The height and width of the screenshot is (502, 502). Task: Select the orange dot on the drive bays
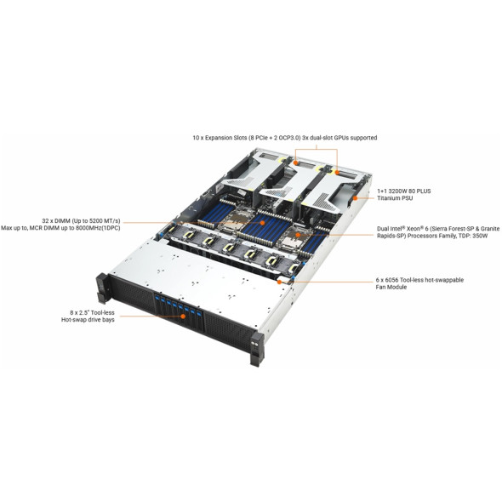coord(183,317)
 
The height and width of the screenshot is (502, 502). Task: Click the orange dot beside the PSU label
coord(355,198)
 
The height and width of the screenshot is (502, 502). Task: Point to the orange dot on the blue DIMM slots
coord(262,223)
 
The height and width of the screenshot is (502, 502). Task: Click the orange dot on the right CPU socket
coord(298,235)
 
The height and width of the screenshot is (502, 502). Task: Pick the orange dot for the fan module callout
coord(279,282)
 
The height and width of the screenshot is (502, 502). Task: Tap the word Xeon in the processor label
coord(414,229)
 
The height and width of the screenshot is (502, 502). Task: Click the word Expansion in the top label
coord(219,138)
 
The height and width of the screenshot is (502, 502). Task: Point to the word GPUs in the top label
coord(341,138)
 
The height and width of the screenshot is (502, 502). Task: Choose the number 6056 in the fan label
coord(392,280)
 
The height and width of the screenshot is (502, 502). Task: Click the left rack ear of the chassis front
coord(102,288)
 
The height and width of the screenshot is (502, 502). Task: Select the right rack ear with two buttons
coord(257,349)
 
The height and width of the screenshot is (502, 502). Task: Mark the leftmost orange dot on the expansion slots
coord(296,163)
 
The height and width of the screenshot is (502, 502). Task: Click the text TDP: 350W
coord(475,236)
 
